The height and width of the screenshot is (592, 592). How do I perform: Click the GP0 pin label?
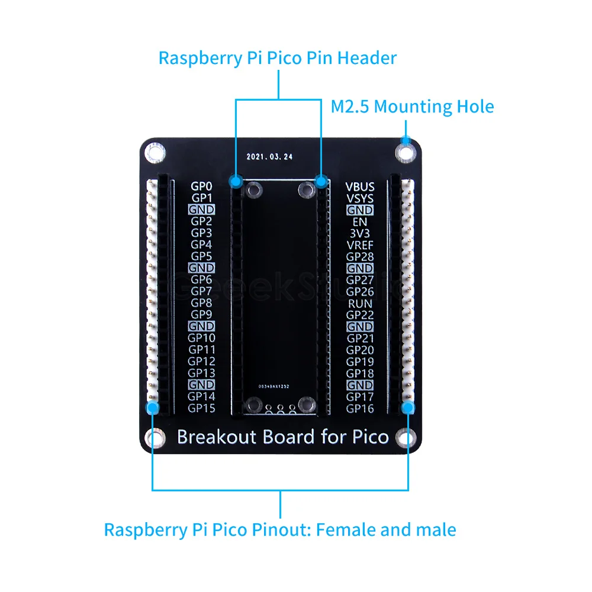point(201,186)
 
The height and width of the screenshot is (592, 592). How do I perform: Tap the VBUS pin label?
point(360,187)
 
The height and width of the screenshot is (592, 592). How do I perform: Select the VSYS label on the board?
point(360,199)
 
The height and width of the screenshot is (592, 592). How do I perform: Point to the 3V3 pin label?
point(360,234)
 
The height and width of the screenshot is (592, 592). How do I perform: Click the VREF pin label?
point(360,245)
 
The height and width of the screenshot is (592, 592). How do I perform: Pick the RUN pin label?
point(360,303)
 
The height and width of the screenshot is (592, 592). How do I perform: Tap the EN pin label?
point(360,222)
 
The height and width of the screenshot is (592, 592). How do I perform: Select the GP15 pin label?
point(201,408)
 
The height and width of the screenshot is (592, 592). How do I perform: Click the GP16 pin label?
point(360,408)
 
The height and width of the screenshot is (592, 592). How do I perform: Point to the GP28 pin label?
point(360,257)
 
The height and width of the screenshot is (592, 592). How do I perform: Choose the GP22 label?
point(360,315)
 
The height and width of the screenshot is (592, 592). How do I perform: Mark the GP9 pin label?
point(201,315)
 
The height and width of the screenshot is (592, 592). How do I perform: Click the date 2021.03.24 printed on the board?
point(269,157)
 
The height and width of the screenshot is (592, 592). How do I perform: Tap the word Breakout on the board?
point(217,437)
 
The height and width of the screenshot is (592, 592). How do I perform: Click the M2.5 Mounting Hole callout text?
point(412,107)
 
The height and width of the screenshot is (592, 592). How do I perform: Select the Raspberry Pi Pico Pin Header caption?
point(277,58)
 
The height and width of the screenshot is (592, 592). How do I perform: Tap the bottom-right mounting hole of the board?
point(406,438)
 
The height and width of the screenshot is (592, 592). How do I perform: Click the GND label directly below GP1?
point(201,210)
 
